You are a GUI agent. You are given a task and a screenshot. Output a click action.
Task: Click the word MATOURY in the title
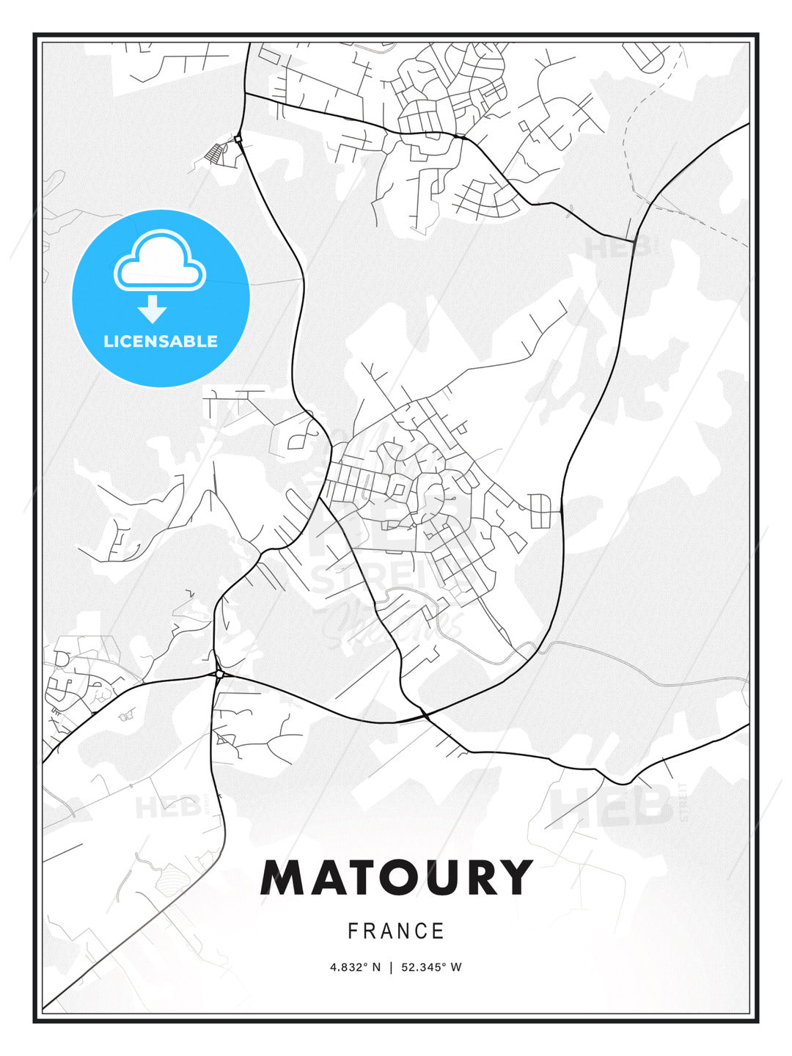coord(396,878)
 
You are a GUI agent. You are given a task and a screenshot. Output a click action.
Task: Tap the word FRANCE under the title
coord(396,931)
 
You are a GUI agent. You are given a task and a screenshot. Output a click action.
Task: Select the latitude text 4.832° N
coord(355,967)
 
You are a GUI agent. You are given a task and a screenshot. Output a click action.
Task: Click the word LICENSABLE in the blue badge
coord(161,342)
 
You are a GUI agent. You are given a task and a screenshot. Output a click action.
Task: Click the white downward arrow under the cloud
coord(153,310)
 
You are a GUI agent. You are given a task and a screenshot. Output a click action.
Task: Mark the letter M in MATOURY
coord(282,878)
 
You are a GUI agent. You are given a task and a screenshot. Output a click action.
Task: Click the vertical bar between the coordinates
coord(391,967)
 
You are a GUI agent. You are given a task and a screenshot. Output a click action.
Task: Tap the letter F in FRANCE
coord(353,931)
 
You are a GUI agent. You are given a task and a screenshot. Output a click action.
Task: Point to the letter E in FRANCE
coord(439,931)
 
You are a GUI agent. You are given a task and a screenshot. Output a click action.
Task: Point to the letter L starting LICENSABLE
coord(108,342)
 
